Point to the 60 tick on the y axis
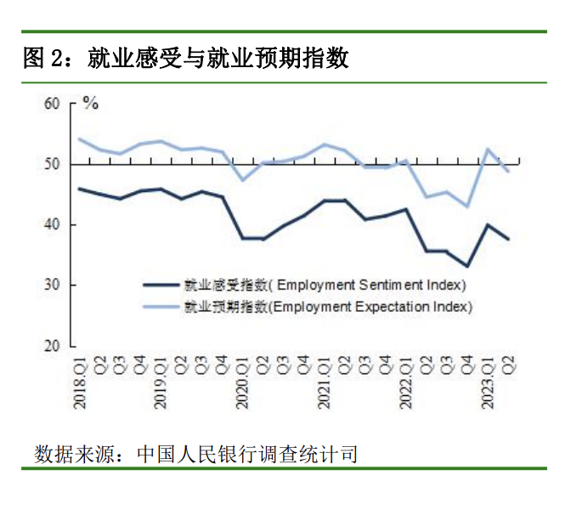52,104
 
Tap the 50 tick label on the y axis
52,164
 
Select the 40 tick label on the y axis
52,225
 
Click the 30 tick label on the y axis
52,286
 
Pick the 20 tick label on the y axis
52,346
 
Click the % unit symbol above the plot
90,105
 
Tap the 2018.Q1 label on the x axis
81,383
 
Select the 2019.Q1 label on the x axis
161,383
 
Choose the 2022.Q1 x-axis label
406,383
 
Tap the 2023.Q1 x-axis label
488,383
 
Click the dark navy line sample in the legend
161,285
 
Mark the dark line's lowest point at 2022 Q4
467,266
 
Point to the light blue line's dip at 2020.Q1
243,179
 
